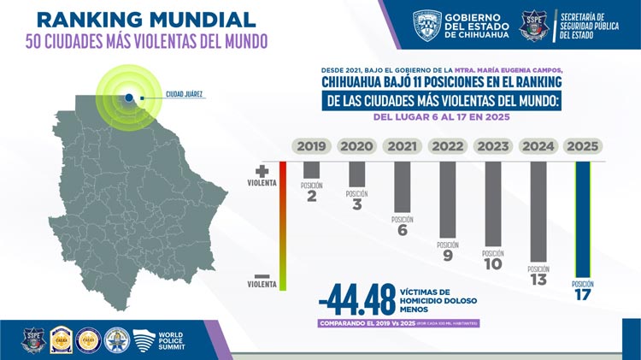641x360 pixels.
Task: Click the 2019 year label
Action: [311, 146]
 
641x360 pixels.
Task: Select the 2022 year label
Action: [448, 146]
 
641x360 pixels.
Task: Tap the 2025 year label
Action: [583, 146]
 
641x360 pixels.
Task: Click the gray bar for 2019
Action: [311, 170]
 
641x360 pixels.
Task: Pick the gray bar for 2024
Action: [538, 211]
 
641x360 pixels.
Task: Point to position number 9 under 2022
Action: [448, 255]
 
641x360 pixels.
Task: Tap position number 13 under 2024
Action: [538, 279]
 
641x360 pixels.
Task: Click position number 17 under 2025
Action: [583, 296]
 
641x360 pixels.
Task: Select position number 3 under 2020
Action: [356, 204]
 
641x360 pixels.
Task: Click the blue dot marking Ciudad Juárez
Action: [128, 98]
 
